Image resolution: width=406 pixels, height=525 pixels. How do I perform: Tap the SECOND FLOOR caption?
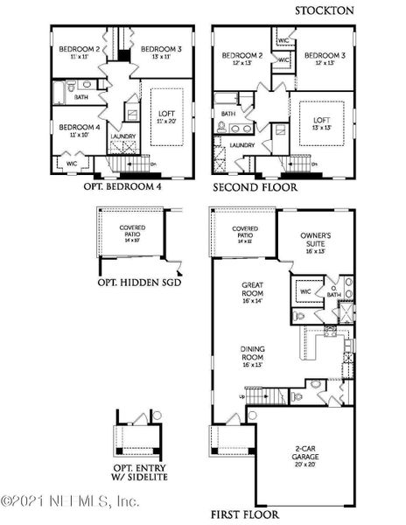255,186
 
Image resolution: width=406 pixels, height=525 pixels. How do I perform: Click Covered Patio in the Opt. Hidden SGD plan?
133,231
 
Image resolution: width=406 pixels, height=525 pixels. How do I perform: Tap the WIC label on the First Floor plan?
306,291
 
